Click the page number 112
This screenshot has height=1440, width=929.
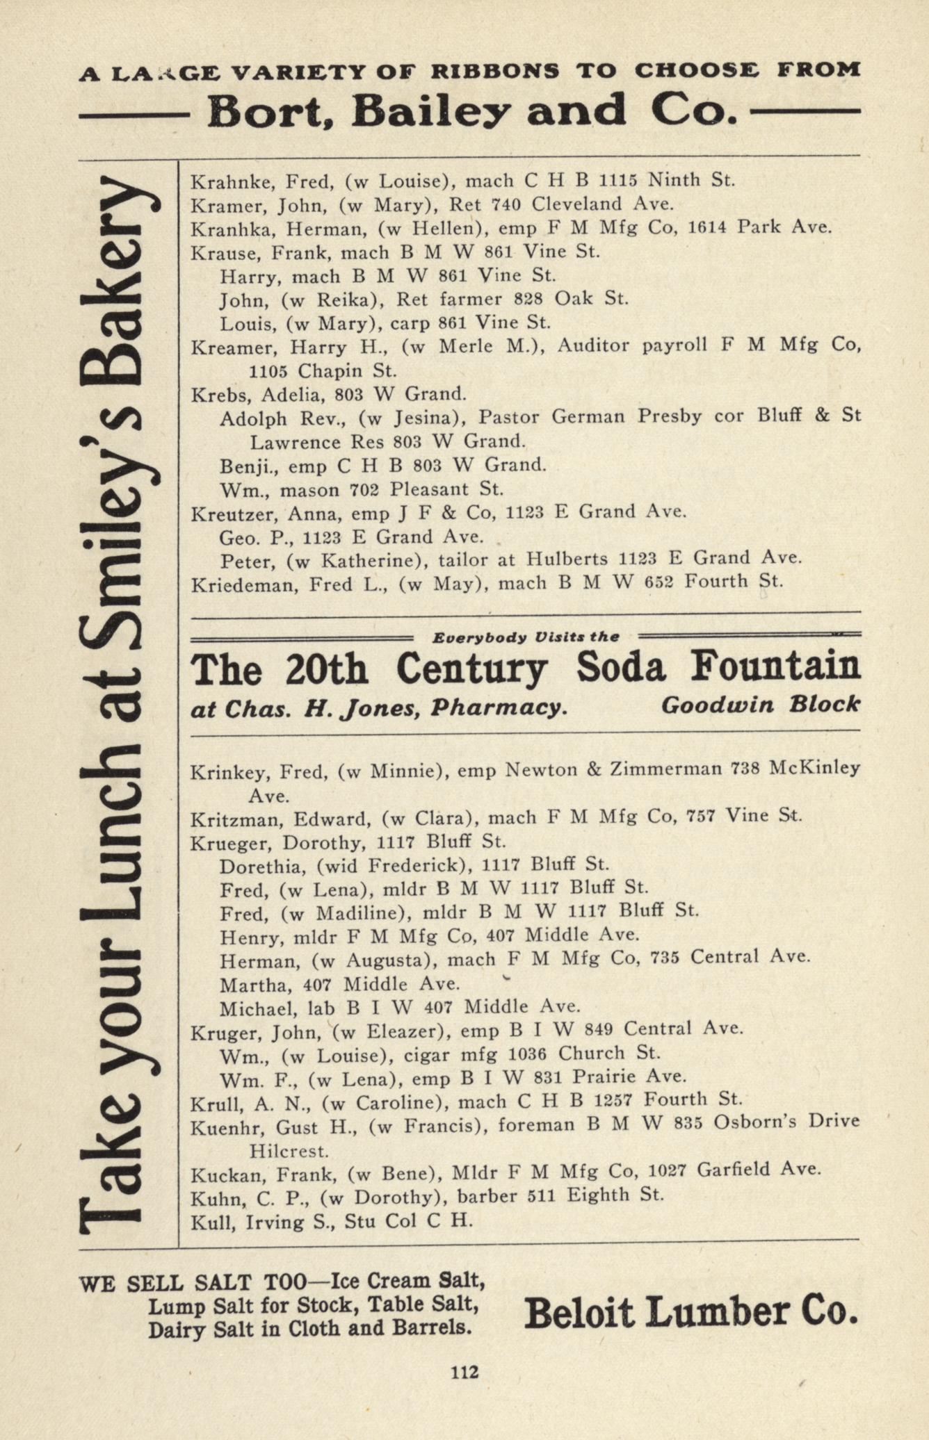pos(464,1372)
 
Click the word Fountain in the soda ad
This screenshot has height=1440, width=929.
pos(775,668)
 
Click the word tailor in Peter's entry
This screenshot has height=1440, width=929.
pos(489,559)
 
